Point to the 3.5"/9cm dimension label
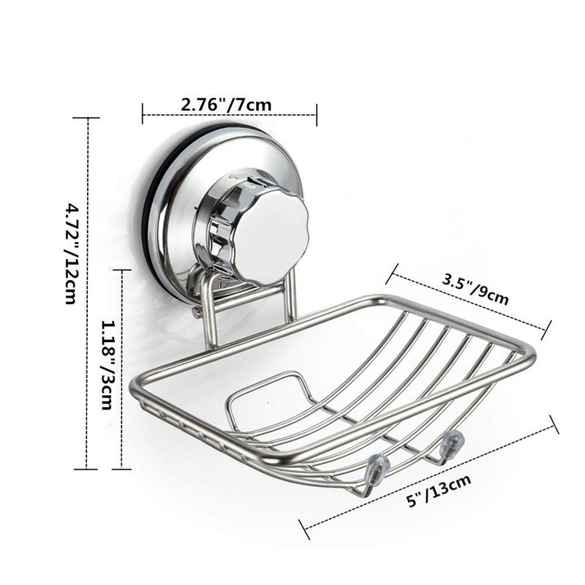click(x=476, y=287)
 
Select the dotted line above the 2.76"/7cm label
click(x=229, y=115)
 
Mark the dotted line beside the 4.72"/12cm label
click(x=88, y=292)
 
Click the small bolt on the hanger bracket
click(x=197, y=312)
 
